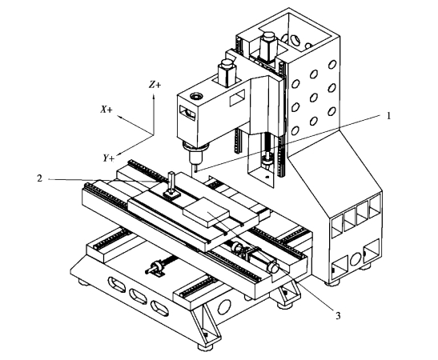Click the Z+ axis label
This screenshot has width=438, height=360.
(155, 84)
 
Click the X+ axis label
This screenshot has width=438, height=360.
(106, 110)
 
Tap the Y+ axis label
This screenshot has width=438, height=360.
(108, 158)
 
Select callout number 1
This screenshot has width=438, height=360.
(388, 116)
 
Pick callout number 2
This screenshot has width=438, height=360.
(40, 178)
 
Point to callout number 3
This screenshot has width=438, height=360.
(338, 316)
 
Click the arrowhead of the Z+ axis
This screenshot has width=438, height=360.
(154, 96)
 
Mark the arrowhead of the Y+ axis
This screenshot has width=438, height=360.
(119, 154)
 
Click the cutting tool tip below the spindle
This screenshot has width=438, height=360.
(196, 171)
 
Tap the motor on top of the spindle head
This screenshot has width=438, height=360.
(227, 72)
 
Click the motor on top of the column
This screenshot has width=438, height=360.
(268, 46)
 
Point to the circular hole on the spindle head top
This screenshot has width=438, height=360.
(196, 97)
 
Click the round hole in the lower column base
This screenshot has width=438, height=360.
(356, 259)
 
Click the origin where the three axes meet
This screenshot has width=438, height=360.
(154, 135)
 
